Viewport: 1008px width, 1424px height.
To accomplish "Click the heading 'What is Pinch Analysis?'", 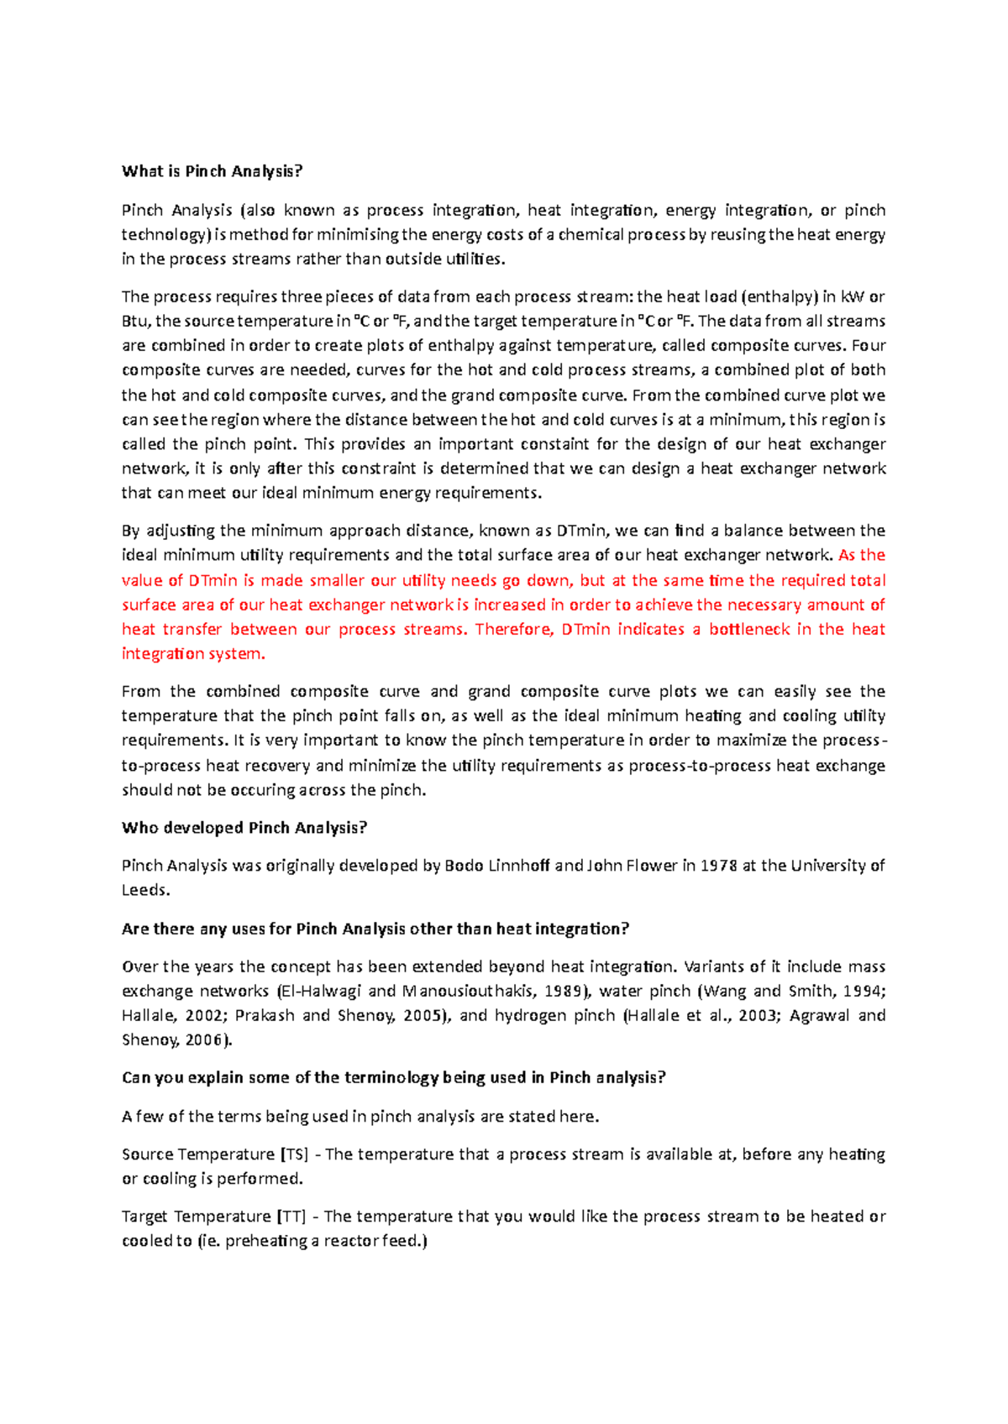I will [x=212, y=171].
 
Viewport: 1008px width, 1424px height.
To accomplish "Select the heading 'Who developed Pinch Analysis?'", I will [x=244, y=828].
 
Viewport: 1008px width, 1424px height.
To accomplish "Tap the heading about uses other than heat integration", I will [x=375, y=929].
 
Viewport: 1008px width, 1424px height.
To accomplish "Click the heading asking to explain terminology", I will [x=393, y=1077].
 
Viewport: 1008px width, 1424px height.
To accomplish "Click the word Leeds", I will [x=144, y=890].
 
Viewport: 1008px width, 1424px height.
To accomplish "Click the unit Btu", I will [x=136, y=321].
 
